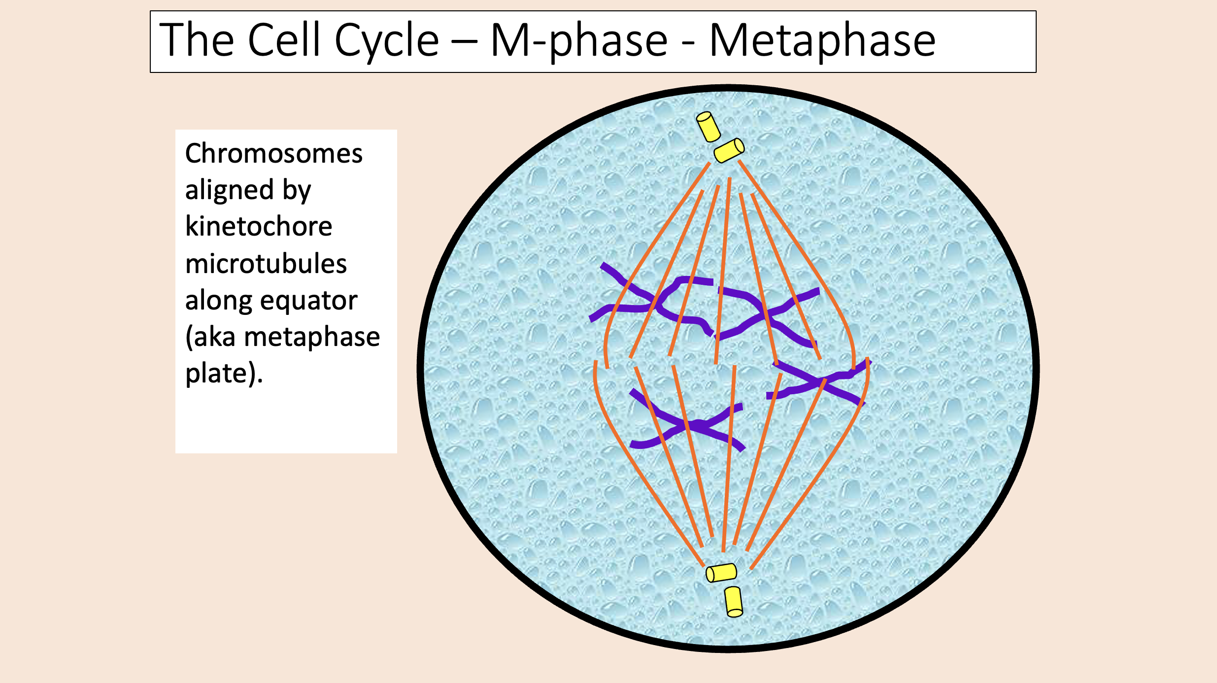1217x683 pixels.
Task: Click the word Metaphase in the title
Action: point(822,41)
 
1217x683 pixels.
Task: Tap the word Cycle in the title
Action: point(386,41)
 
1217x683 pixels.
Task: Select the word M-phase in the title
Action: point(579,41)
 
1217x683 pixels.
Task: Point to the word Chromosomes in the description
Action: point(273,153)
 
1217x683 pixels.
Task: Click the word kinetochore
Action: point(259,227)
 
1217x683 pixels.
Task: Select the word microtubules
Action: point(266,264)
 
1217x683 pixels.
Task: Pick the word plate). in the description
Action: point(224,374)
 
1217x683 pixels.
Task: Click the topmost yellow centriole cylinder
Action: point(708,126)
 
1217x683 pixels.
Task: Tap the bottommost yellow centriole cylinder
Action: point(734,602)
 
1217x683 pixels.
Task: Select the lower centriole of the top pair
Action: point(729,150)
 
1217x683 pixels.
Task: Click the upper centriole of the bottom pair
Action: point(721,573)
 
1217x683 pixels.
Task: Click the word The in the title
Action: point(197,40)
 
